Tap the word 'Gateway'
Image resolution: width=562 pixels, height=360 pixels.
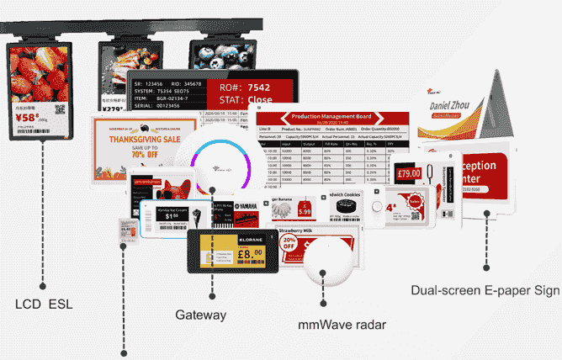click(x=200, y=315)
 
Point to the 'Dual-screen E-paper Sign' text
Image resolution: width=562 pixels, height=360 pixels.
click(x=485, y=291)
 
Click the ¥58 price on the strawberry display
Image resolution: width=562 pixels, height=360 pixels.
click(x=27, y=119)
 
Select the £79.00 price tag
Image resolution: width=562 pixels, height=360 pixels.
click(x=409, y=174)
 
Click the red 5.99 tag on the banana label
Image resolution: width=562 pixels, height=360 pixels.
click(x=305, y=212)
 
